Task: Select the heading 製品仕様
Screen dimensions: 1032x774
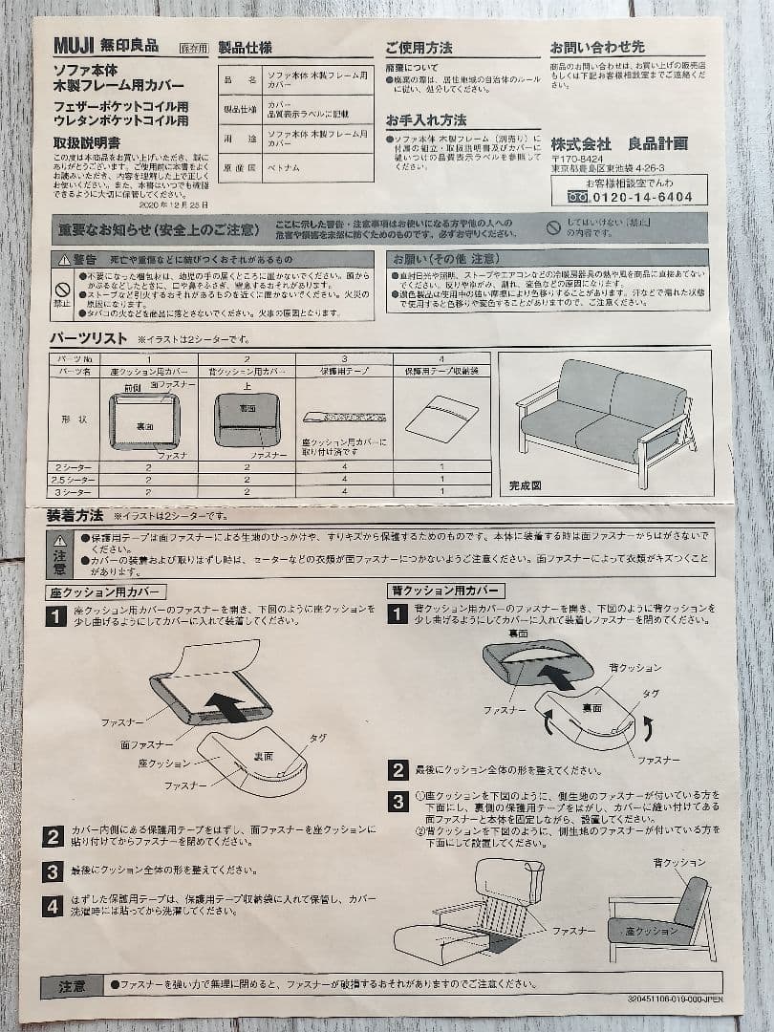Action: (x=245, y=47)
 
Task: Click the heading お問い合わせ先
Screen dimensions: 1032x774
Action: (x=597, y=47)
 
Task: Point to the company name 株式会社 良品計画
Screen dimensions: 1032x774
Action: (x=618, y=143)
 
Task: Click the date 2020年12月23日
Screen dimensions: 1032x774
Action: (x=172, y=204)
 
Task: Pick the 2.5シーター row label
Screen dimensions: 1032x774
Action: (x=75, y=479)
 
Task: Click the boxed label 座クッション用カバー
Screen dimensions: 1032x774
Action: (x=105, y=592)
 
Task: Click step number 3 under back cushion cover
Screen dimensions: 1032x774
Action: (x=398, y=801)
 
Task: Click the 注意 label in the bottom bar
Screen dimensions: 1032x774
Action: (x=72, y=983)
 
